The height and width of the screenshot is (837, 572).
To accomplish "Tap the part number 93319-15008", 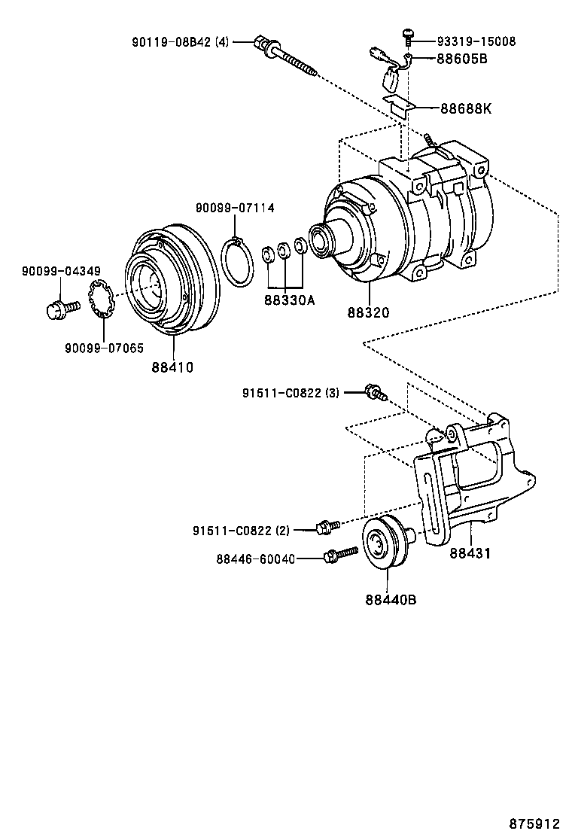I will click(476, 41).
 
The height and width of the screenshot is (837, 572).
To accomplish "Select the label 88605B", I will click(461, 58).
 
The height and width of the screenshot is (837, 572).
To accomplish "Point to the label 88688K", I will click(465, 108).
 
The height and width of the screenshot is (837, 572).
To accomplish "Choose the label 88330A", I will click(289, 300).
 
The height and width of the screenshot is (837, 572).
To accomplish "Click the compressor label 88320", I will click(369, 312).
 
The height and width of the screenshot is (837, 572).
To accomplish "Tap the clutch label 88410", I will click(172, 367).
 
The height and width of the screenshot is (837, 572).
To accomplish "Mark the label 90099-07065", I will click(104, 348).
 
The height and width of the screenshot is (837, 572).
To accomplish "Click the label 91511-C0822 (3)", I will click(291, 393).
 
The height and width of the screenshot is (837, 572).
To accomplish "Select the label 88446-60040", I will click(255, 558).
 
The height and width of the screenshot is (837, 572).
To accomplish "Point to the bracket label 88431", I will click(470, 552).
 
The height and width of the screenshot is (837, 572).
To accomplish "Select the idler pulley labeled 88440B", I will click(386, 543).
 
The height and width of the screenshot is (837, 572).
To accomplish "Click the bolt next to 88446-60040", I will click(341, 555).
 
